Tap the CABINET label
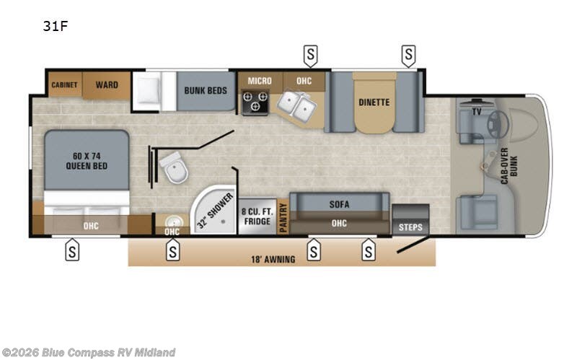[63, 85]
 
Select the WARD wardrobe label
[107, 85]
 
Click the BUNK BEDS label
[206, 91]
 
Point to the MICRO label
[260, 81]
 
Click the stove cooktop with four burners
[255, 102]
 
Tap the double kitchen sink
[298, 107]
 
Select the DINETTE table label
[374, 102]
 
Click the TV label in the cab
[477, 112]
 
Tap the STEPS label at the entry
[410, 227]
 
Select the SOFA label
[339, 204]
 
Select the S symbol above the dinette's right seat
[409, 53]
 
